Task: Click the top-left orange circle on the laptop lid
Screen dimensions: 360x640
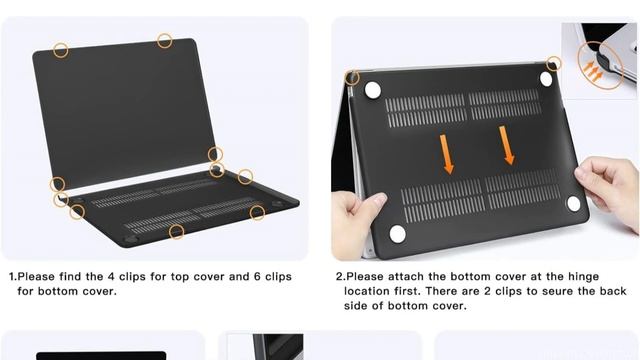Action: pyautogui.click(x=62, y=49)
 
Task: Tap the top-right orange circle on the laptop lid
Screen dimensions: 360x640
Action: pyautogui.click(x=165, y=41)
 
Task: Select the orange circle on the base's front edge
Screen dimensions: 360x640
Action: pyautogui.click(x=177, y=232)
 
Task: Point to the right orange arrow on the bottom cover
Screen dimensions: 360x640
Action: pyautogui.click(x=507, y=146)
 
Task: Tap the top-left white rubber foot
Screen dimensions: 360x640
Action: pyautogui.click(x=374, y=90)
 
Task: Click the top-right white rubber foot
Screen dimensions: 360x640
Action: pyautogui.click(x=546, y=78)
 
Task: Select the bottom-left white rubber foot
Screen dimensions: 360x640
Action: pyautogui.click(x=397, y=234)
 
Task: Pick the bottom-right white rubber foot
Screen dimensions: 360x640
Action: pyautogui.click(x=573, y=203)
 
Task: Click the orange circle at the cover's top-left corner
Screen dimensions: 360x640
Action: pyautogui.click(x=353, y=77)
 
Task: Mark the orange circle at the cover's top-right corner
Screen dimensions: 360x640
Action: pyautogui.click(x=554, y=64)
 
